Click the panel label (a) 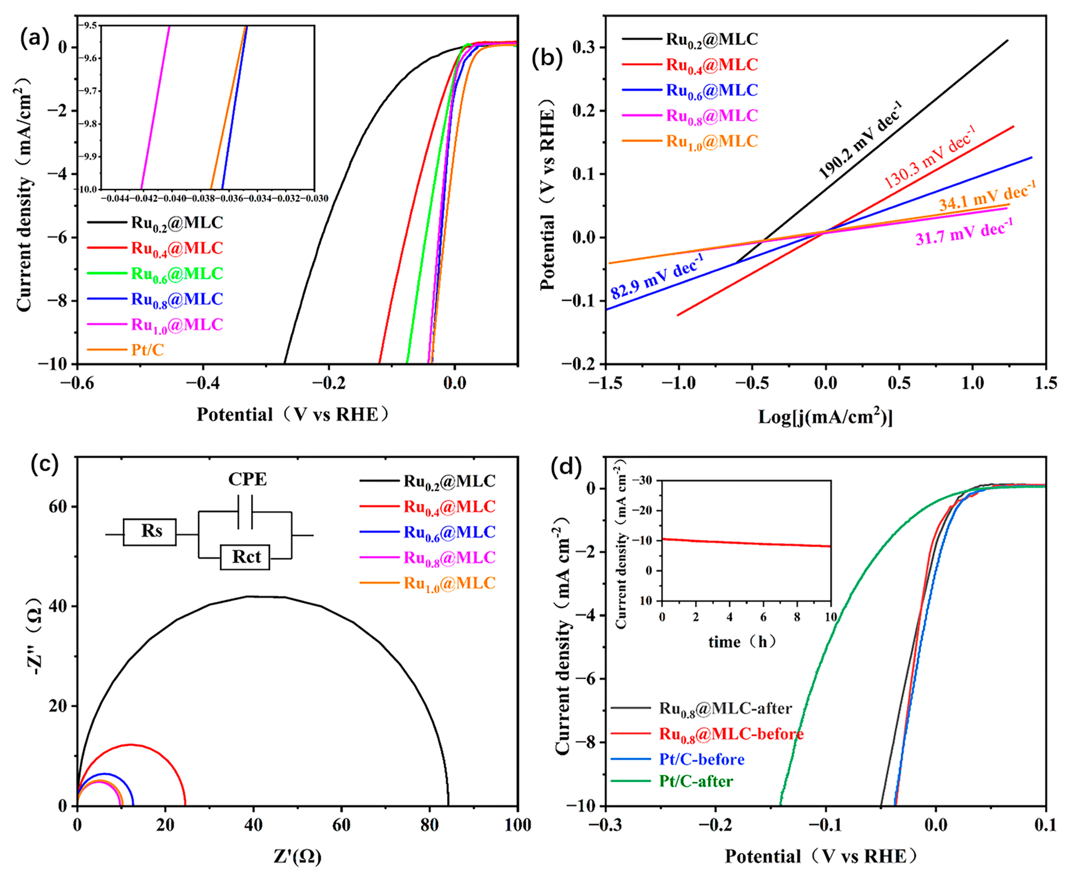click(x=34, y=38)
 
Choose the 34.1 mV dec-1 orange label click(x=987, y=196)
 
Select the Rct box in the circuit click(x=245, y=557)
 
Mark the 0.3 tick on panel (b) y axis click(x=584, y=47)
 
